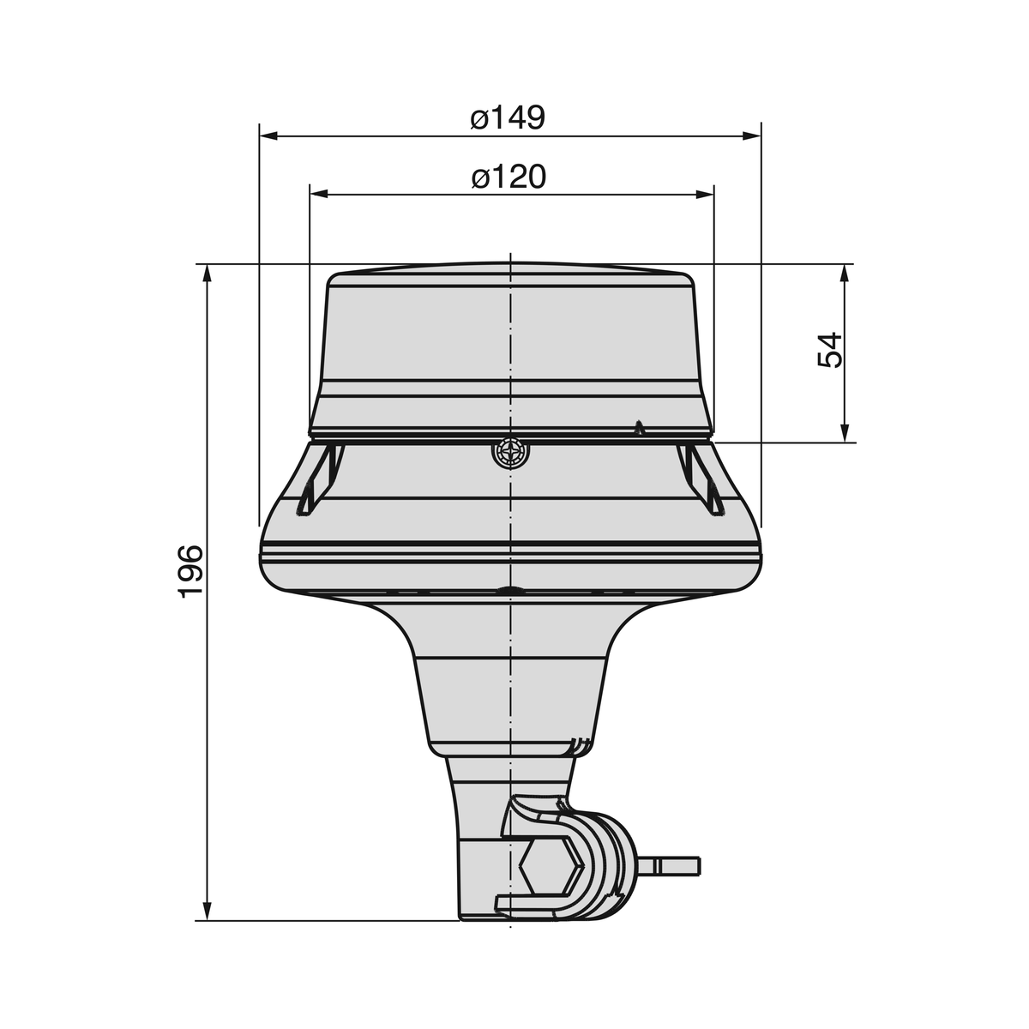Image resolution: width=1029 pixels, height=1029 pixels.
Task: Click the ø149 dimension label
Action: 508,117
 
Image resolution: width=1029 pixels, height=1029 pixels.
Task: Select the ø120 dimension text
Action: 508,177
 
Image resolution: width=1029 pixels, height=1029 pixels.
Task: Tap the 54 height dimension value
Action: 830,350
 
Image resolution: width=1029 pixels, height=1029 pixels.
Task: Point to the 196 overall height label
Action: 190,570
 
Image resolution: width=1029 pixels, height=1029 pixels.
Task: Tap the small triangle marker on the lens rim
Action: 637,427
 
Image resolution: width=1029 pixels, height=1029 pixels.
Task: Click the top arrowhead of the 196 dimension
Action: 207,274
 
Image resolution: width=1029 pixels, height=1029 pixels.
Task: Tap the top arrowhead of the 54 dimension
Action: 845,274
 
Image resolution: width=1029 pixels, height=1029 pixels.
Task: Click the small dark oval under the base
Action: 510,590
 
